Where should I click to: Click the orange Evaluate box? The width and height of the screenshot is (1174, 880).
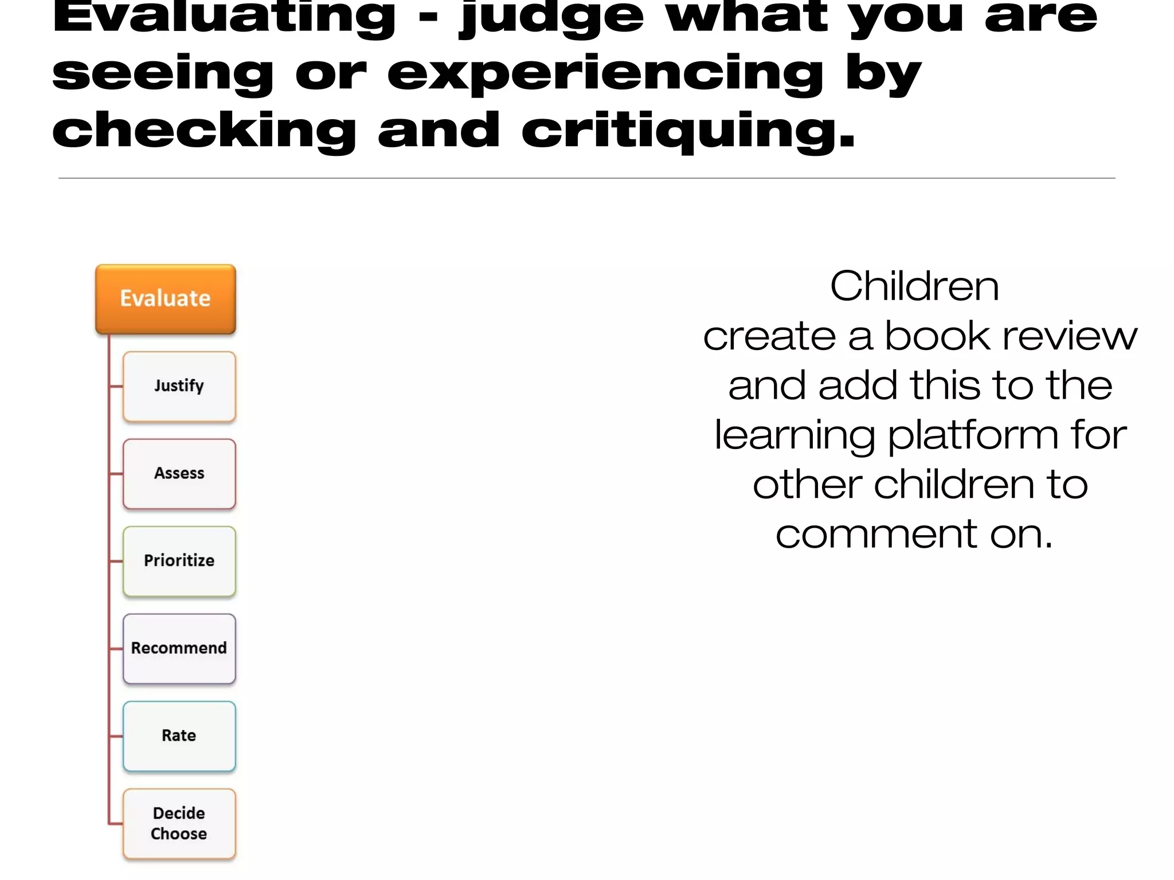tap(166, 299)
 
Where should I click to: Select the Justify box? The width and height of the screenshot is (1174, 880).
tap(179, 387)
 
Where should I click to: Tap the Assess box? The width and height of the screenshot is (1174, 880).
tap(179, 474)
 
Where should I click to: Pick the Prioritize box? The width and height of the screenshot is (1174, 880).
tap(179, 561)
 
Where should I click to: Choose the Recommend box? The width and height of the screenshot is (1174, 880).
tap(179, 649)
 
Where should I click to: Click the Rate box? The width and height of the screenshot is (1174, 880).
tap(179, 736)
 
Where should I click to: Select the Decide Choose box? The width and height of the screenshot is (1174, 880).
tap(179, 823)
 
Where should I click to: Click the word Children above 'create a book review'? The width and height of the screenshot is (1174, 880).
tap(914, 286)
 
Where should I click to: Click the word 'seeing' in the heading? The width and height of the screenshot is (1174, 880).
tap(163, 74)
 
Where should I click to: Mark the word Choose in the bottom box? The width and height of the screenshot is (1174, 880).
tap(179, 834)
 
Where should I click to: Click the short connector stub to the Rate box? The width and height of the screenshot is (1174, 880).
tap(116, 736)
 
